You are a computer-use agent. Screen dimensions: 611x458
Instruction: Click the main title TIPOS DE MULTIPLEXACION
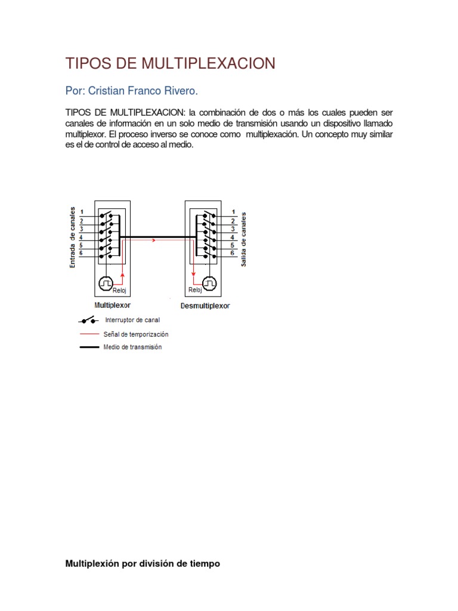click(x=170, y=64)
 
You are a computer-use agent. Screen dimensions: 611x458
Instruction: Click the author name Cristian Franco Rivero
click(x=131, y=91)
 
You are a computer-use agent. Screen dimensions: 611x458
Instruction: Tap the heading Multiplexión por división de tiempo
click(x=143, y=563)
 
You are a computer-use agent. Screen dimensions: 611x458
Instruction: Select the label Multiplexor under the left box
click(x=112, y=304)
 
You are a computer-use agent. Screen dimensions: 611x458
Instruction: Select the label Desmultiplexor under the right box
click(x=205, y=305)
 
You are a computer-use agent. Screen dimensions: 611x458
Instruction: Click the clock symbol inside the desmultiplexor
click(x=210, y=283)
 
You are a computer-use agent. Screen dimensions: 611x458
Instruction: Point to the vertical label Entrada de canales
click(x=73, y=237)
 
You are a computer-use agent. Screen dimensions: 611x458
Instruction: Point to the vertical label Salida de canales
click(x=243, y=239)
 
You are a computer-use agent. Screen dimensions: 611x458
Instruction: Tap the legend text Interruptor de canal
click(x=132, y=320)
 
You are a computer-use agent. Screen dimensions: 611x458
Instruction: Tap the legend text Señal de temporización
click(x=136, y=334)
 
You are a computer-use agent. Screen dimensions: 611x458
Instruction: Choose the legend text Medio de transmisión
click(x=132, y=347)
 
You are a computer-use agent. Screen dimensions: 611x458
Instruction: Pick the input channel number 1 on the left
click(x=82, y=213)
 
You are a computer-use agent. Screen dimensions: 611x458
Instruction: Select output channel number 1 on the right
click(x=233, y=212)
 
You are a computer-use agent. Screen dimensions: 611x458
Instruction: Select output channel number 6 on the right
click(x=233, y=254)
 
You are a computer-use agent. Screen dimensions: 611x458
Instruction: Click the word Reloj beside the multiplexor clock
click(x=120, y=291)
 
